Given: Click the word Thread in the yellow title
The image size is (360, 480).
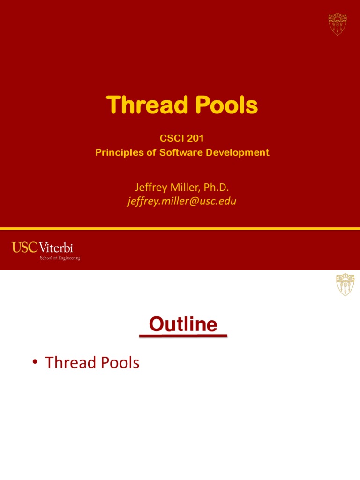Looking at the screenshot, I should tap(145, 105).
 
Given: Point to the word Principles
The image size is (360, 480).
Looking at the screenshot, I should tap(116, 153).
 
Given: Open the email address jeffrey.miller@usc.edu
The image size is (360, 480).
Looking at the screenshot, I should tap(181, 201).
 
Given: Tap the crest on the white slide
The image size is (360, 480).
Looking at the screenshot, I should tap(345, 285).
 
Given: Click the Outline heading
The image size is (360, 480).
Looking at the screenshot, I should tap(183, 324).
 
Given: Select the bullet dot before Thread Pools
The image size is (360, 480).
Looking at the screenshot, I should tap(36, 363).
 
